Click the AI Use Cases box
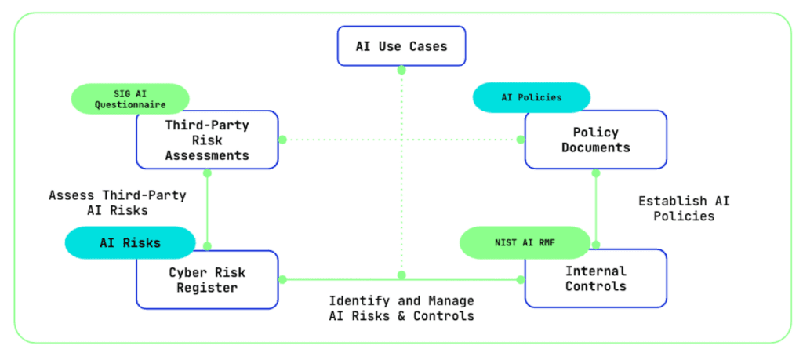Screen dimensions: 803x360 [x=401, y=46]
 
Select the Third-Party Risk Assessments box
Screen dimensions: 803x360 [x=207, y=140]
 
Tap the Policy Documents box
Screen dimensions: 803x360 [x=596, y=140]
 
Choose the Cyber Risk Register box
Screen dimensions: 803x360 [x=207, y=279]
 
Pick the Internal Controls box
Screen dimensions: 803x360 [x=596, y=278]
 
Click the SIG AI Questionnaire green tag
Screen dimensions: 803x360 [x=130, y=99]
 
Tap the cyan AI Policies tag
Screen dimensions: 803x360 [x=532, y=97]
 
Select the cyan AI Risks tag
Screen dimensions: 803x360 [x=130, y=242]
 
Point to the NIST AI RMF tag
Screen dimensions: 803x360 [x=525, y=242]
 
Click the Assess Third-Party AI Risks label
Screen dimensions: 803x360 [x=118, y=202]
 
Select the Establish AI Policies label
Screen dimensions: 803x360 [x=684, y=209]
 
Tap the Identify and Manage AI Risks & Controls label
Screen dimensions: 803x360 [x=401, y=308]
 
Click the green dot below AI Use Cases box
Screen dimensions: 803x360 [x=401, y=70]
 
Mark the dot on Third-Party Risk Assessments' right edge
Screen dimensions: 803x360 [x=282, y=140]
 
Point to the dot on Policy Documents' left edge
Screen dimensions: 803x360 [x=521, y=140]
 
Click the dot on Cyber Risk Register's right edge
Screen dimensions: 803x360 [x=282, y=279]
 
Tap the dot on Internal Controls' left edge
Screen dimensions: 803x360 [x=521, y=279]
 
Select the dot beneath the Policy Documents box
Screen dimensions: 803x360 [x=596, y=173]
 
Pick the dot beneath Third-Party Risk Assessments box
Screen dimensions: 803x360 [x=207, y=173]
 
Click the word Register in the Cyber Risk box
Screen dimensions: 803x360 [x=207, y=288]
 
